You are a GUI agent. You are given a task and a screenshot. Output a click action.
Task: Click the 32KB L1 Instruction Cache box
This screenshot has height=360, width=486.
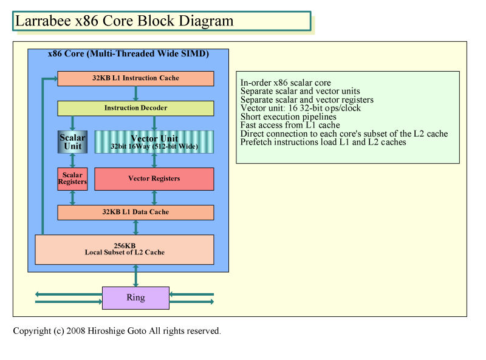point(135,78)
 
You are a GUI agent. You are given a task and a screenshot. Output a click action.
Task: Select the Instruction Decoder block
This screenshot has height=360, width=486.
point(135,108)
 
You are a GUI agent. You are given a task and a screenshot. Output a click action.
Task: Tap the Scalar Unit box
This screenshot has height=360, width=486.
point(72,142)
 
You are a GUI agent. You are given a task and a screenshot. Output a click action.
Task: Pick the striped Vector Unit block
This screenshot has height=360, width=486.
point(154,142)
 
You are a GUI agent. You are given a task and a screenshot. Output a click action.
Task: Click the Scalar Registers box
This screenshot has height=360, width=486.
point(72,178)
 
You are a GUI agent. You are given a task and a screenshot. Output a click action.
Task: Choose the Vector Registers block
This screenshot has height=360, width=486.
point(154,178)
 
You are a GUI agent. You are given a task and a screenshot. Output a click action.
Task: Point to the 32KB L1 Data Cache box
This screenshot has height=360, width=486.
point(135,212)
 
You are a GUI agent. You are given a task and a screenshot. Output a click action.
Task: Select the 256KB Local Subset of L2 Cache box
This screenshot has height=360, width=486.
point(125,250)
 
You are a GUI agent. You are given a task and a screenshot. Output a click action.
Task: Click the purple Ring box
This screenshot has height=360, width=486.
point(135,297)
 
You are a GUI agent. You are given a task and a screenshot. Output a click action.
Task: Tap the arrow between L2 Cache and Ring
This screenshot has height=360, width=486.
point(135,276)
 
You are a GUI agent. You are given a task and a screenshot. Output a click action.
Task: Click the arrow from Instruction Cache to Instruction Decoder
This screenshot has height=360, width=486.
point(135,93)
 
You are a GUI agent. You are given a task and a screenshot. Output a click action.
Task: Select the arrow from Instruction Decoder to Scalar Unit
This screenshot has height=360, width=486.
point(72,123)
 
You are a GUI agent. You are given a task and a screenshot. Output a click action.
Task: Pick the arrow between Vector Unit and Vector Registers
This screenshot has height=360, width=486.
point(154,160)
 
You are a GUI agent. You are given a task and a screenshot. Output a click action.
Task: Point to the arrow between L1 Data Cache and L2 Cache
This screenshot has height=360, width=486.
point(135,228)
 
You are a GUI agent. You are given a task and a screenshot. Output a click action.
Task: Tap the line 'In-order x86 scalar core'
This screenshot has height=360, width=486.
point(286,83)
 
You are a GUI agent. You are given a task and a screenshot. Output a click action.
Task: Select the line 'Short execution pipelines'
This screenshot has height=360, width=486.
point(288,117)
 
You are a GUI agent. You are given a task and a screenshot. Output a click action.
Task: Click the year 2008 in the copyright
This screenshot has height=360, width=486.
point(75,331)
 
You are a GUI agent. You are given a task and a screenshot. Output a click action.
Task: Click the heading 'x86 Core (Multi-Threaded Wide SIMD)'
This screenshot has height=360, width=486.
point(128,54)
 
